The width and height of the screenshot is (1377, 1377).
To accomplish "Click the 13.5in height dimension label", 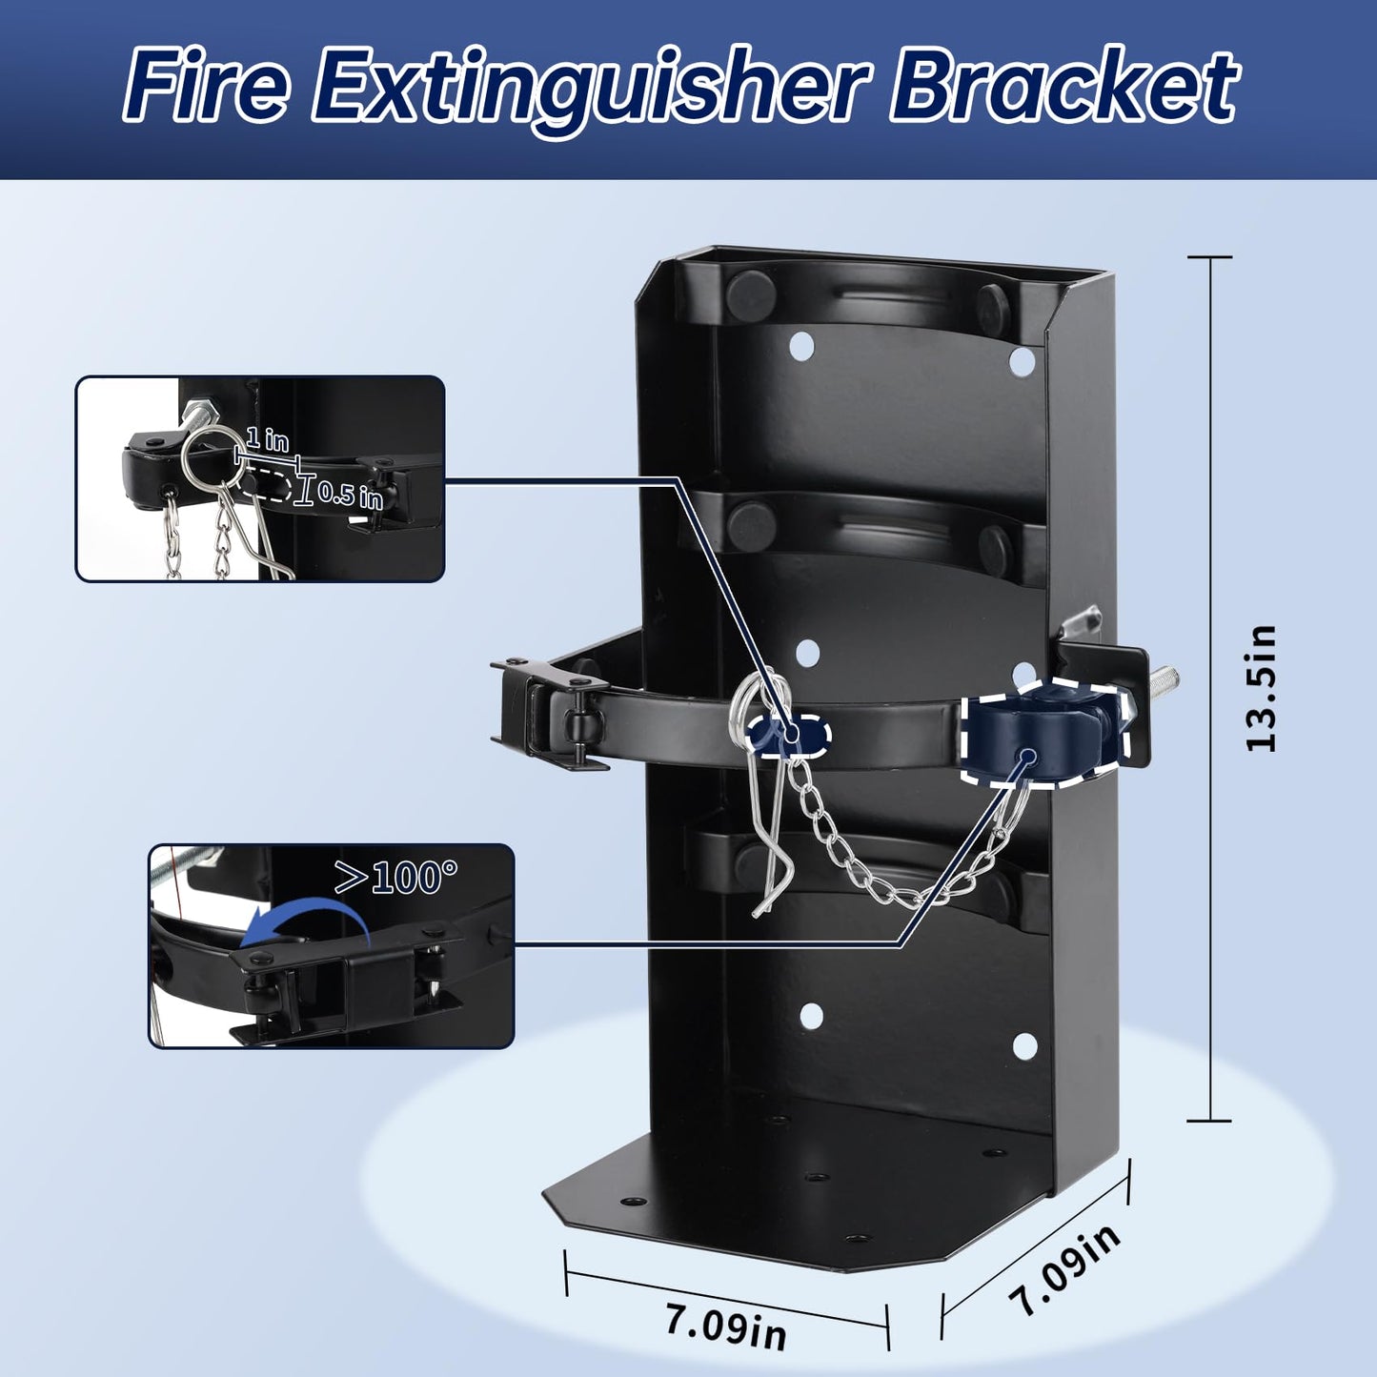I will coord(1260,689).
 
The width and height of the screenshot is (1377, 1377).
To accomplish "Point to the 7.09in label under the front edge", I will coord(725,1326).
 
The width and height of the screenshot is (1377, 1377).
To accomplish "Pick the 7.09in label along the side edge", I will coord(1064,1268).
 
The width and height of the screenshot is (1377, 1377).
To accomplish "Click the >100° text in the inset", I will coord(395,877).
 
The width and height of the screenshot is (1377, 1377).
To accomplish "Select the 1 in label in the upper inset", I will coord(267,439).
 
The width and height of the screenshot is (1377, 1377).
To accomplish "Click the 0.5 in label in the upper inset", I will coord(350,494).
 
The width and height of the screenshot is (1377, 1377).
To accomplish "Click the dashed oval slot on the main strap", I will coord(790,733).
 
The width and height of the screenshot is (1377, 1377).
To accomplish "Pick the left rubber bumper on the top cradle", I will coord(750,292).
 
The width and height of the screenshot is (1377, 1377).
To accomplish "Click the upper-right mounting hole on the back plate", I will coord(1022,361).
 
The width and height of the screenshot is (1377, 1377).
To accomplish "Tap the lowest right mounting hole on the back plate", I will coord(1024,1045).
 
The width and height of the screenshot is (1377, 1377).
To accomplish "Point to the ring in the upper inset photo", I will coord(208,455).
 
